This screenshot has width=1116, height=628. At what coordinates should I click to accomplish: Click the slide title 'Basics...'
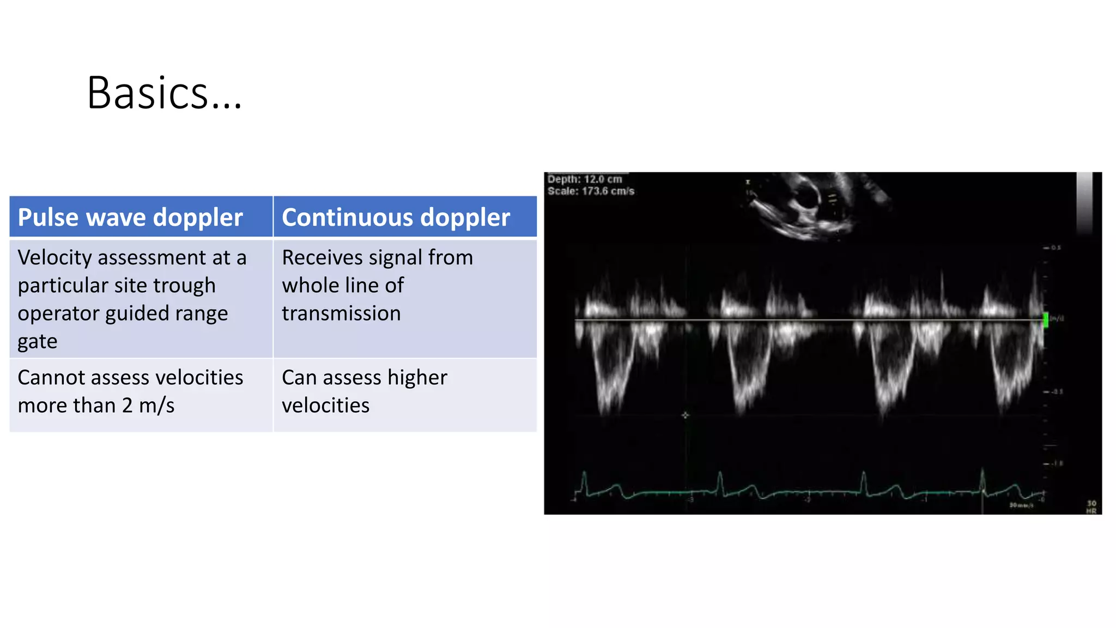pos(163,93)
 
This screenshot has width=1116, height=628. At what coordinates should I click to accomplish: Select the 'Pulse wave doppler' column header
pos(130,217)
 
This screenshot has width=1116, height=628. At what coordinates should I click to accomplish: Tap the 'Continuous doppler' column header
pos(396,217)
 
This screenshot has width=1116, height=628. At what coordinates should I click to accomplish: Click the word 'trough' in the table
pos(184,286)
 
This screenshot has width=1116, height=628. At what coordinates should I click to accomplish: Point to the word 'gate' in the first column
pos(37,342)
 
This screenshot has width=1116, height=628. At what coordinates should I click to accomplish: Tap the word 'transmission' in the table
pos(341,313)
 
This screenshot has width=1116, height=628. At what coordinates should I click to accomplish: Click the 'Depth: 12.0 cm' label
pos(584,179)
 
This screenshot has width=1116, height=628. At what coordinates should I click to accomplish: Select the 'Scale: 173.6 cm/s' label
pos(591,191)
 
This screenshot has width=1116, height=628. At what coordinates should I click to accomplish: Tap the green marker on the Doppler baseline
pos(1045,319)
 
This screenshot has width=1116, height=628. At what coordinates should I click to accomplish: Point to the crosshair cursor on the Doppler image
pos(685,415)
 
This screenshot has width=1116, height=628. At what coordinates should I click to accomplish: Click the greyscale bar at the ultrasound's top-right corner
pos(1084,203)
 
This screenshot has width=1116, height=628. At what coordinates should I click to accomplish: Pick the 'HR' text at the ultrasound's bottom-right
pos(1091,511)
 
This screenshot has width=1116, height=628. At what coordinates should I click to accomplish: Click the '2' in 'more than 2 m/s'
pos(127,406)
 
